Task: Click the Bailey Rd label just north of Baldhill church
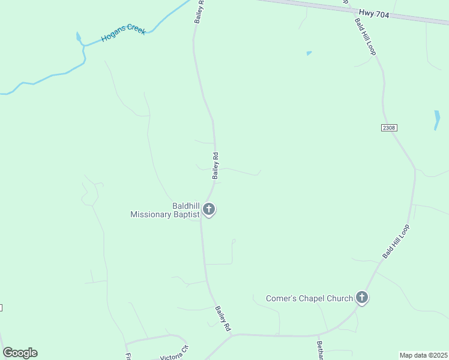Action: [x=215, y=166]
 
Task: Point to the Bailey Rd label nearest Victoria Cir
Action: [x=223, y=319]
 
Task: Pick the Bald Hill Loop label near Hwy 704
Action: [x=365, y=37]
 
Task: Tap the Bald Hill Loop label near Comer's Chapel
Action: [x=396, y=242]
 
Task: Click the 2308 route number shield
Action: [x=388, y=128]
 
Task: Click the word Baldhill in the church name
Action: [x=186, y=205]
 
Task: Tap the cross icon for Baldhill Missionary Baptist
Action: [x=209, y=209]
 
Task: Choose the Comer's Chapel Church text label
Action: [x=310, y=298]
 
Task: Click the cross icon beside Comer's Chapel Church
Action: [x=362, y=297]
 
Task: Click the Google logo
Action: [x=20, y=353]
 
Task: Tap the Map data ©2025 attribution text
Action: [x=423, y=355]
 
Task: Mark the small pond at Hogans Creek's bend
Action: [x=79, y=38]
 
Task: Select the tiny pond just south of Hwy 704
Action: [x=309, y=53]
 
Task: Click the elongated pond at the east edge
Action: [x=437, y=119]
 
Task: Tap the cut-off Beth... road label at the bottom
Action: [x=321, y=351]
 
